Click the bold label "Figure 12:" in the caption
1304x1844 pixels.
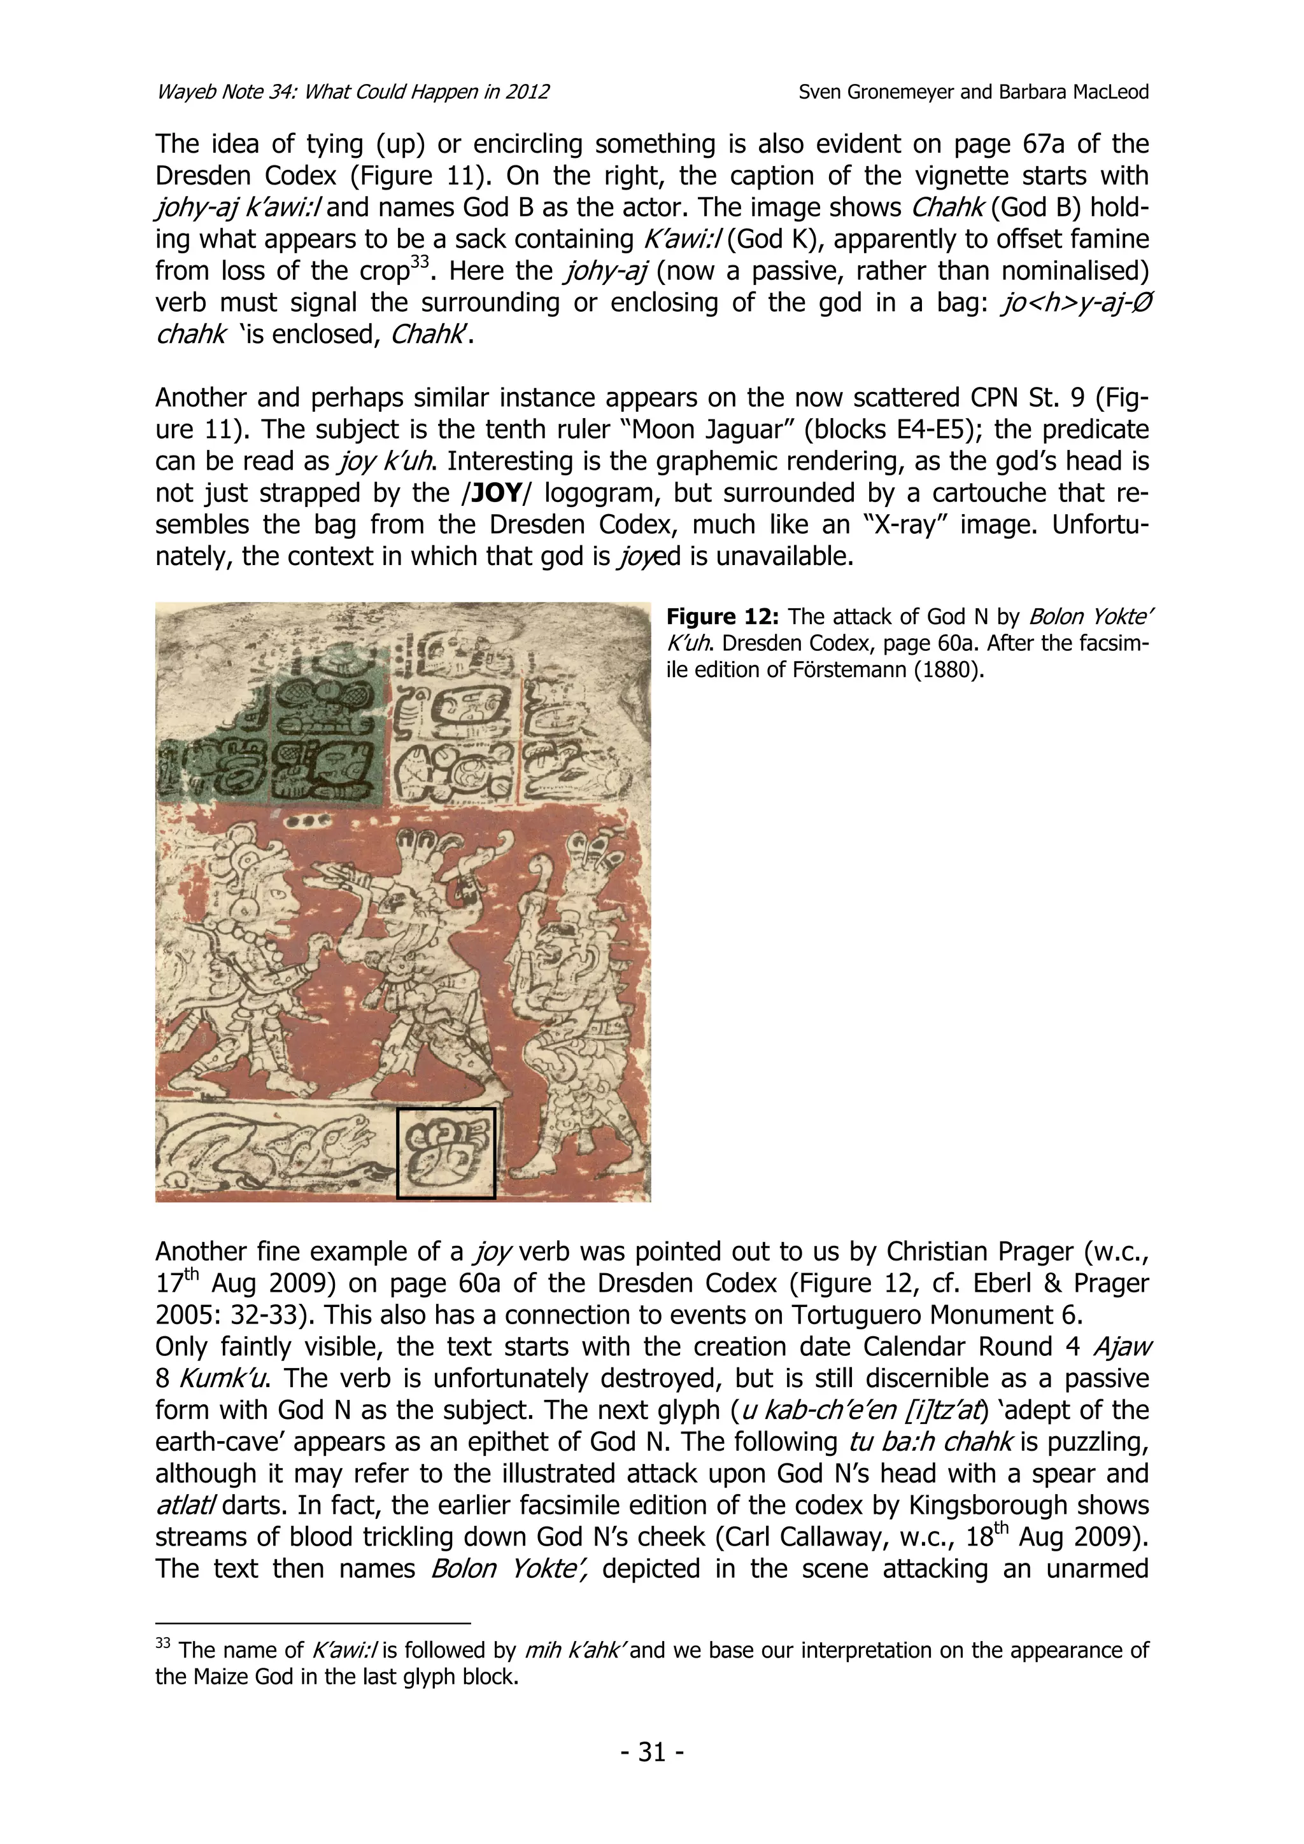pos(722,617)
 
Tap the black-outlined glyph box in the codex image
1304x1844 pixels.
pos(446,1154)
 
